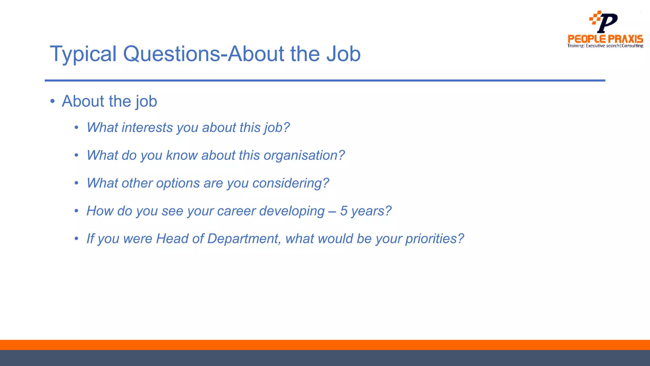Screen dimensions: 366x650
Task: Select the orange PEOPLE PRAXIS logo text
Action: (x=605, y=39)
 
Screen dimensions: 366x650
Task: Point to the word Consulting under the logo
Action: (x=632, y=46)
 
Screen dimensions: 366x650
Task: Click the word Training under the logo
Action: (x=575, y=46)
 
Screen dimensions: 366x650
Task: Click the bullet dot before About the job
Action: (x=53, y=101)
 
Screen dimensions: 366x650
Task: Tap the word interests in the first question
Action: (x=147, y=128)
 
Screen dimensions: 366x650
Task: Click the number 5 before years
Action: (x=344, y=211)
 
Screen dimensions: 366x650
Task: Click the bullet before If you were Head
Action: (x=76, y=239)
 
